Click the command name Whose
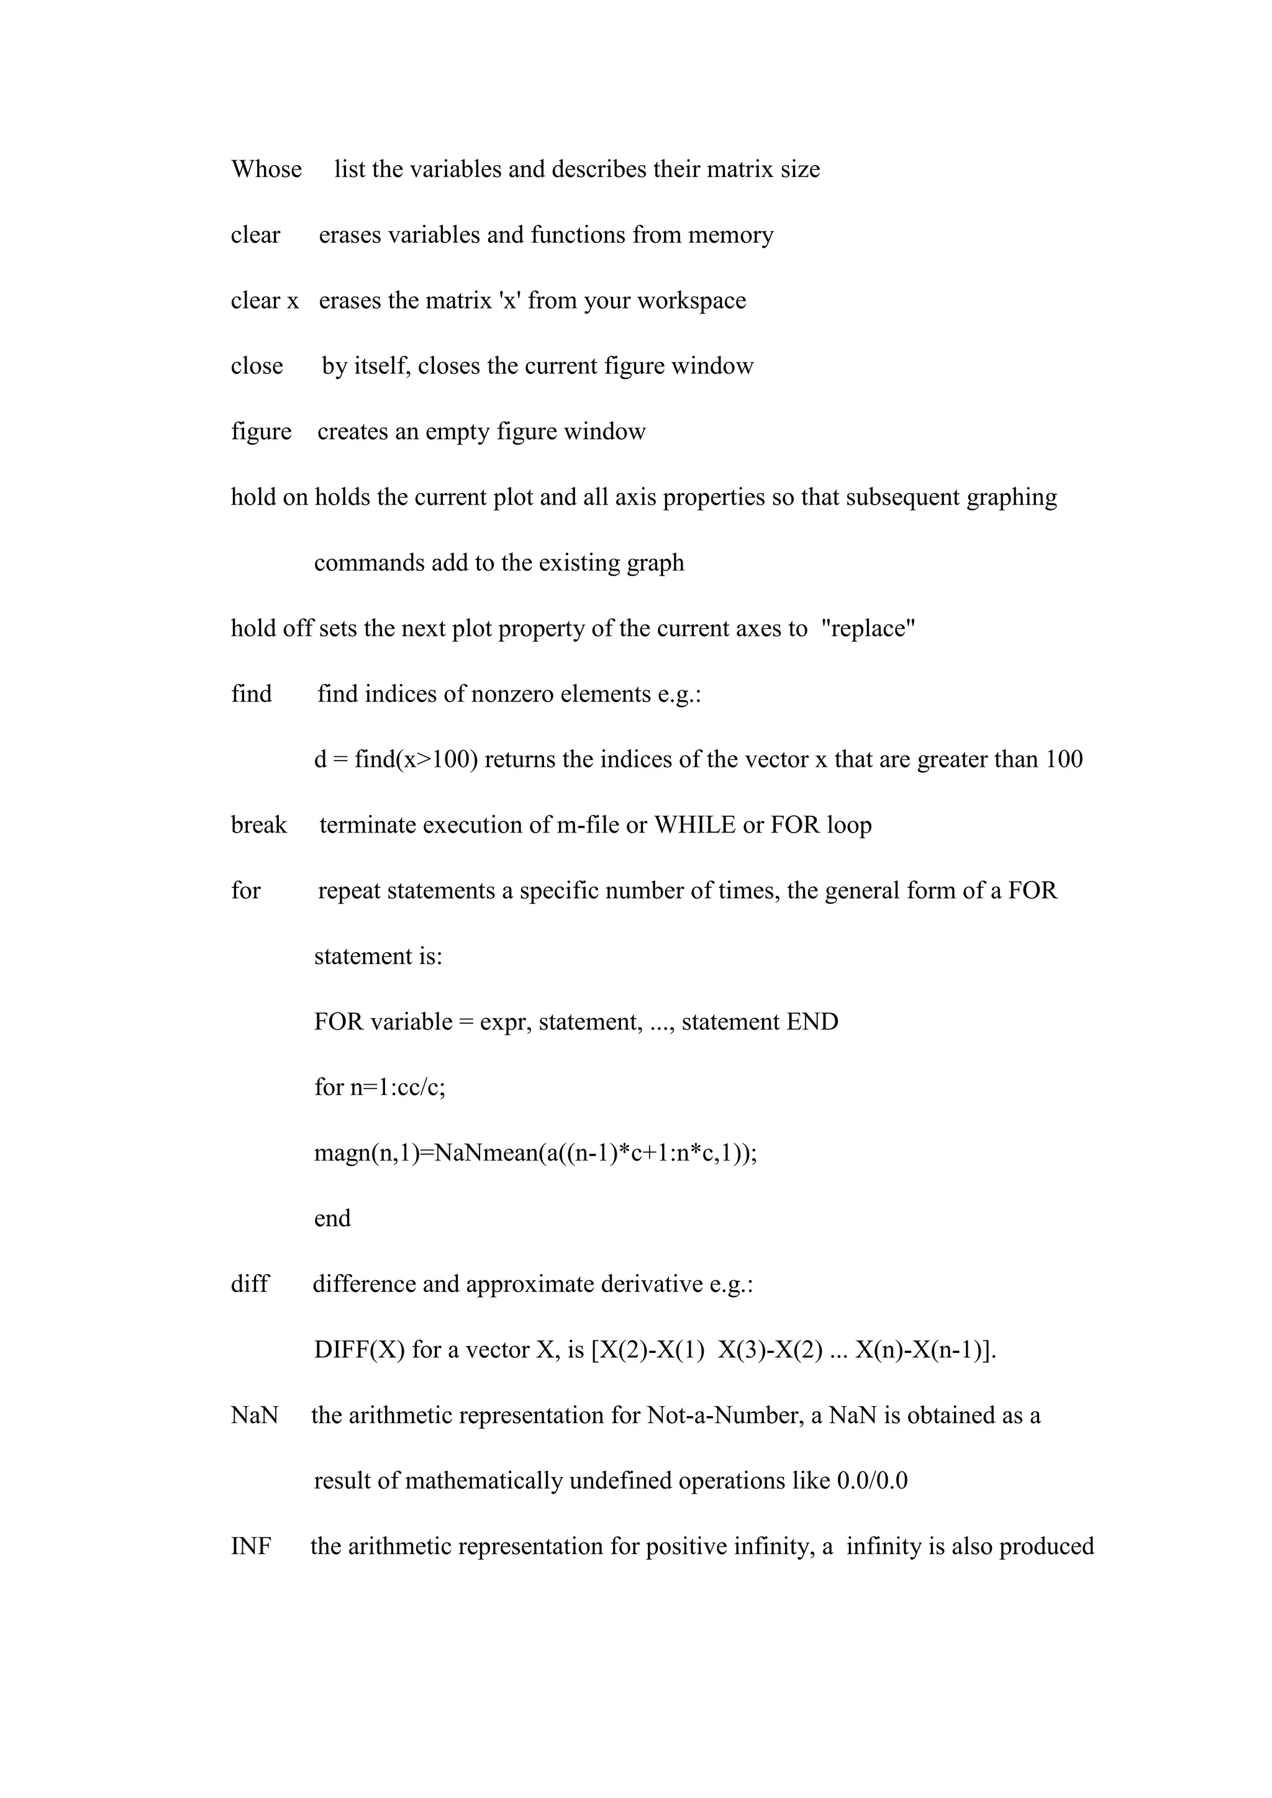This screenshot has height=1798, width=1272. [266, 169]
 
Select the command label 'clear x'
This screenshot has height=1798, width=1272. [265, 300]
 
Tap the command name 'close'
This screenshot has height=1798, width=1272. [257, 366]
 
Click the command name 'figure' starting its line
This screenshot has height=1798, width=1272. [261, 432]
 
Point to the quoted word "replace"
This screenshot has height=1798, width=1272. [868, 628]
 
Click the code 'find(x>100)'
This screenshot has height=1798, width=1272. [415, 759]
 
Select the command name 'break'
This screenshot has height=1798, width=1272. [258, 825]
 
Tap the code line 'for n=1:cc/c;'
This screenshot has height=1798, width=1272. [380, 1088]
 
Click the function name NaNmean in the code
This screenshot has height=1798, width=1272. [486, 1153]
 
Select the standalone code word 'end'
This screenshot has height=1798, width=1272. [332, 1219]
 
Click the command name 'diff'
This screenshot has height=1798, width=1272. [249, 1285]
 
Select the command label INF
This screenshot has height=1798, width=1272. [251, 1547]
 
